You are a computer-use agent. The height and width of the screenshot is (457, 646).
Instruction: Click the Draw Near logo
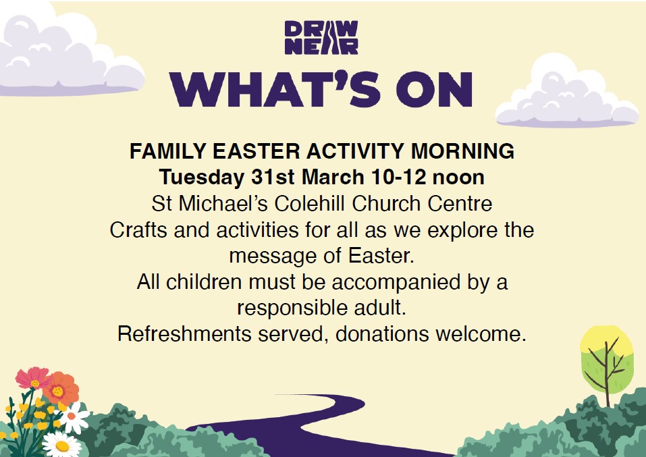pos(321,38)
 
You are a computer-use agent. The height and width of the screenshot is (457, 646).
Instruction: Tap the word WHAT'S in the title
pos(275,89)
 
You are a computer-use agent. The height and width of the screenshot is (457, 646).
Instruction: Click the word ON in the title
pos(434,90)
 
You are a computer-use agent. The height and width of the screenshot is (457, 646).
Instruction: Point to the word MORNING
pos(462,151)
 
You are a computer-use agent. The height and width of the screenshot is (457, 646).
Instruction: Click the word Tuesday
pos(201,178)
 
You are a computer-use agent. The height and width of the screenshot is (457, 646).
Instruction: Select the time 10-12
pos(398,177)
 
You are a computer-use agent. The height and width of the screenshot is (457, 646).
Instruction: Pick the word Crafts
pos(138,230)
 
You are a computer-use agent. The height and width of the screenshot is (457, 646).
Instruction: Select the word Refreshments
pos(184,333)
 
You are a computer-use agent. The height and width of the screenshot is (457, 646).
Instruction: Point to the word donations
pos(382,333)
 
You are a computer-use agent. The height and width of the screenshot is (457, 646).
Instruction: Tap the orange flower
pos(61,389)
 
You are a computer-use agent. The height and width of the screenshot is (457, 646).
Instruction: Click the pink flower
pos(33,378)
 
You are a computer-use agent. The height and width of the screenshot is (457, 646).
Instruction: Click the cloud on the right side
pos(566,92)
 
